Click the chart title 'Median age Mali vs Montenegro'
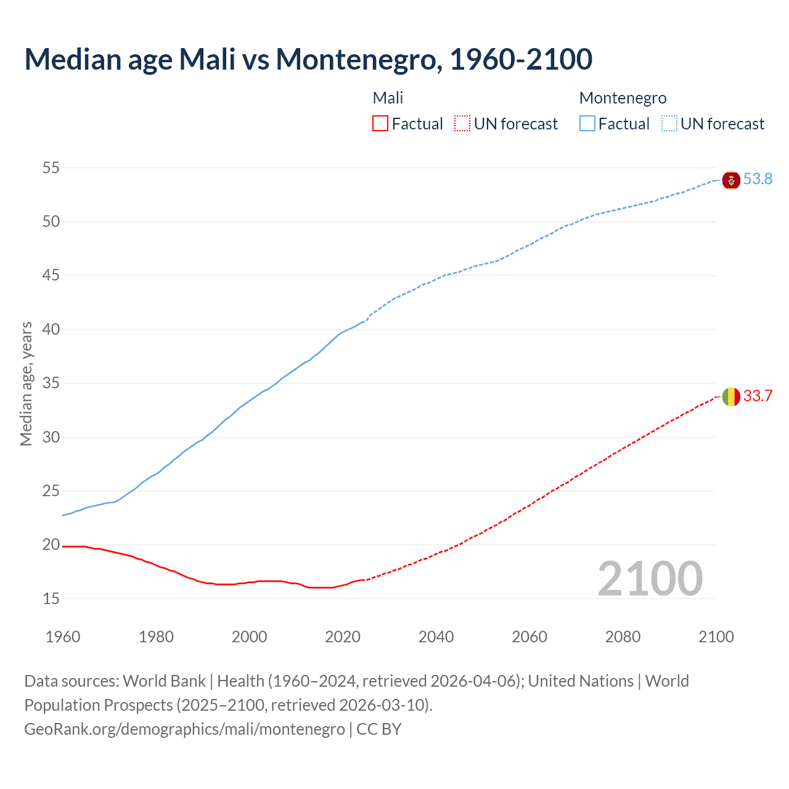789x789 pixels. [308, 59]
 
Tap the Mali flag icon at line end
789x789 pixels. [731, 396]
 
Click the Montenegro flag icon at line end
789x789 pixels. [731, 180]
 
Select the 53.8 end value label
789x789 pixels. [758, 179]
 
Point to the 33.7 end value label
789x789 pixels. [758, 396]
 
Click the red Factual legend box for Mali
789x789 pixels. [380, 124]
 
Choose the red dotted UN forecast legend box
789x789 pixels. [462, 124]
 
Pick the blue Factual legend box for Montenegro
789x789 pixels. [587, 124]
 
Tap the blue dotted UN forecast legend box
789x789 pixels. [669, 124]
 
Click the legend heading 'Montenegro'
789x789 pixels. [623, 98]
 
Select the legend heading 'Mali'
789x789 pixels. [388, 98]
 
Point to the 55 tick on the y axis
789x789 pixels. [51, 168]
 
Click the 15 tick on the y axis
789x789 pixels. [51, 599]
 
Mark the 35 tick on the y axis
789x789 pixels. [51, 383]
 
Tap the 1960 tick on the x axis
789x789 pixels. [63, 637]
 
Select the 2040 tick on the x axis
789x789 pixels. [436, 637]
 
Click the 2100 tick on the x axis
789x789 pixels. [716, 637]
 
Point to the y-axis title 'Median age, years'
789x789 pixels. [26, 383]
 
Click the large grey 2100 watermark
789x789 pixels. [650, 579]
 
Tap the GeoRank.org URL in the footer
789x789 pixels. [184, 729]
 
